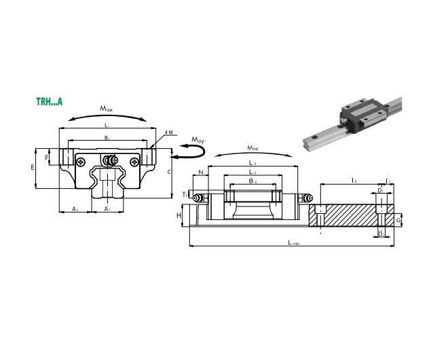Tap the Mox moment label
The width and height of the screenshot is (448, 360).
coord(107,108)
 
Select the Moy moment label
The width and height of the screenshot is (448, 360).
coord(198,140)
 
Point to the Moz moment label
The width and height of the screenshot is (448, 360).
coord(253,147)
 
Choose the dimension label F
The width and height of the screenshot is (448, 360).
coord(47,158)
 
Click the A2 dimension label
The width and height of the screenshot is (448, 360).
coord(75,209)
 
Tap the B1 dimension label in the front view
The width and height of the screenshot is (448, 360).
coord(107,139)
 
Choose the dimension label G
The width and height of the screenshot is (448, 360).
coord(398,221)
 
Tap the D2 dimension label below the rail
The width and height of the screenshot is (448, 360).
coord(381,234)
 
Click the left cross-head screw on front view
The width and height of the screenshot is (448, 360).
coord(81,162)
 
